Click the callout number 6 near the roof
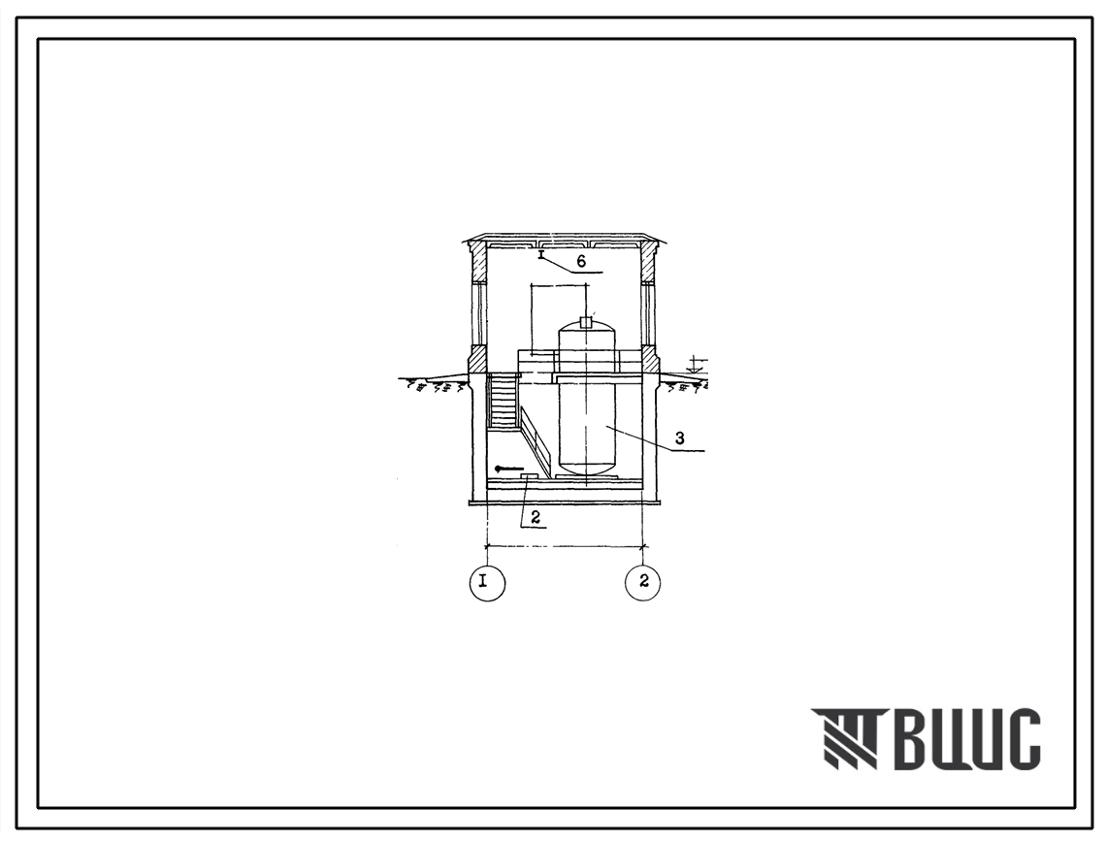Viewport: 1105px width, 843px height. (x=581, y=262)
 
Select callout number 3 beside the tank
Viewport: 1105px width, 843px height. (x=679, y=438)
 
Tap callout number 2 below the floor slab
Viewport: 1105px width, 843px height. (x=536, y=517)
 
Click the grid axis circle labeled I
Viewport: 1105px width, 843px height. (x=487, y=583)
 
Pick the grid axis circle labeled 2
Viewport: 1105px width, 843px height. (x=642, y=583)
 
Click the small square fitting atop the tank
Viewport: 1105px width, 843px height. (x=586, y=323)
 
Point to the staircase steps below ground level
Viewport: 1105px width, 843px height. (x=503, y=401)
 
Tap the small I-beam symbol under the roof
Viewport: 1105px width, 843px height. (x=541, y=254)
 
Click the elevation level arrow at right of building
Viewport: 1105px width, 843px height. (x=696, y=366)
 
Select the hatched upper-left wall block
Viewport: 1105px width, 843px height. (x=478, y=262)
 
